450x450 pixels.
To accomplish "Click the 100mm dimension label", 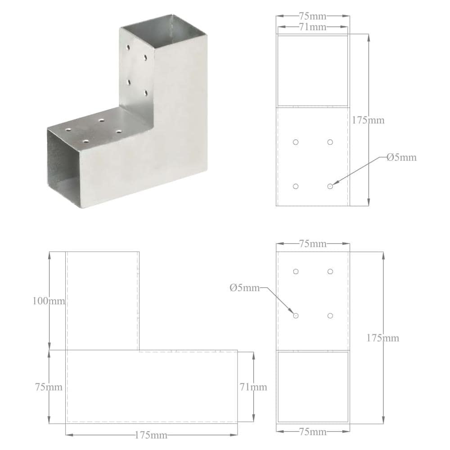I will pyautogui.click(x=49, y=301).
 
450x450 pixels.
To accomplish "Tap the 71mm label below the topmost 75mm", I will pyautogui.click(x=312, y=27).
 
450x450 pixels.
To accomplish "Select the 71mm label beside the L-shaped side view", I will pyautogui.click(x=253, y=387).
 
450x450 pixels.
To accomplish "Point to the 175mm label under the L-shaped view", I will pyautogui.click(x=152, y=435).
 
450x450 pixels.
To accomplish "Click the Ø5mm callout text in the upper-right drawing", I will pyautogui.click(x=401, y=157).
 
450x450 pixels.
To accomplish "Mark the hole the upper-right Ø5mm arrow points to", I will pyautogui.click(x=330, y=186).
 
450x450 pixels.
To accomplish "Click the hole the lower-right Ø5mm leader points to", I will pyautogui.click(x=296, y=315).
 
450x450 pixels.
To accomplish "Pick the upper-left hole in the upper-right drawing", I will pyautogui.click(x=296, y=142).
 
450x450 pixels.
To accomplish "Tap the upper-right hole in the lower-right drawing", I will pyautogui.click(x=330, y=271).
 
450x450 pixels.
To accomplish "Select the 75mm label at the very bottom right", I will pyautogui.click(x=312, y=432).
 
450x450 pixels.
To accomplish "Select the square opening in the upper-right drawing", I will pyautogui.click(x=312, y=71).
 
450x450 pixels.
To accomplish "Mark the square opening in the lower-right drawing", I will pyautogui.click(x=312, y=386).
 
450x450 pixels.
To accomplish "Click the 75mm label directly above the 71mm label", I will pyautogui.click(x=312, y=16).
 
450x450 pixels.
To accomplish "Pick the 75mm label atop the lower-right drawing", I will pyautogui.click(x=312, y=244).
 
